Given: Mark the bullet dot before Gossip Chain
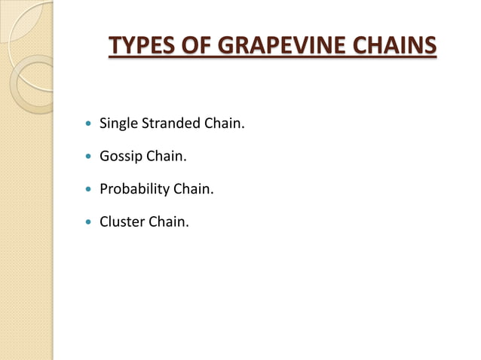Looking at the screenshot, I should (90, 157).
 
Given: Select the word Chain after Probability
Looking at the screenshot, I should (195, 190).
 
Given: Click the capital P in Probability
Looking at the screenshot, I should (104, 190).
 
